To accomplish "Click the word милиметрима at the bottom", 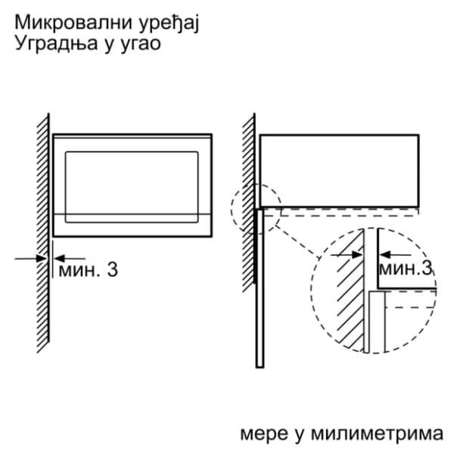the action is [378, 434].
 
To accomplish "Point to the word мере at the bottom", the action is [264, 435].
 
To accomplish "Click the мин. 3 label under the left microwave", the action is [88, 270].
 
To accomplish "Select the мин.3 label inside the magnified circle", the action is [406, 269].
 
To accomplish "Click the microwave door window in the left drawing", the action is [132, 187].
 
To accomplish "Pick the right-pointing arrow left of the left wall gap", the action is [31, 258].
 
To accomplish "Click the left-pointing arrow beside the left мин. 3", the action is [70, 258].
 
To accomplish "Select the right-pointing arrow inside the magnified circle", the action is [347, 255].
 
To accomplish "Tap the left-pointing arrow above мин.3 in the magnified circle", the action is [395, 255].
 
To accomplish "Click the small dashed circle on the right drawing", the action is [256, 207].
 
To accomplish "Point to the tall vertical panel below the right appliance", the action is [260, 288].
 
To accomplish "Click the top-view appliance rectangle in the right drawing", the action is [339, 171].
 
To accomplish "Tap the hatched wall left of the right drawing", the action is [249, 203].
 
